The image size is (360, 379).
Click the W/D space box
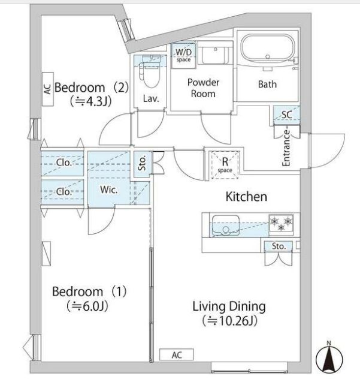[x=183, y=55]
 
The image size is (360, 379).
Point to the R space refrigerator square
[x=225, y=165]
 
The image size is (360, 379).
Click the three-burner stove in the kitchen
[x=282, y=224]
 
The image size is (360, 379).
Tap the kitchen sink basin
[x=225, y=225]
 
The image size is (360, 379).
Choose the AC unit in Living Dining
[x=177, y=355]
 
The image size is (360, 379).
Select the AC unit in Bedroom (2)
[x=48, y=89]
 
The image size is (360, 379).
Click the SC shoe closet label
[x=287, y=115]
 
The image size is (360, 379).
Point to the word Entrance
[x=286, y=148]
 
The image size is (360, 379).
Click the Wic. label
[x=109, y=189]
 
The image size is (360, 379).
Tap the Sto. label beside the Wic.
[x=142, y=163]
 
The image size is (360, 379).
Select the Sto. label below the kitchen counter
[x=279, y=246]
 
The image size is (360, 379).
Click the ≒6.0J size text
[x=87, y=306]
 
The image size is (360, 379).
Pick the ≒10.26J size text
[x=229, y=321]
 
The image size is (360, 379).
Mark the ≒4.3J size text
[x=91, y=101]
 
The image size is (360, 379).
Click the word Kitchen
[x=246, y=196]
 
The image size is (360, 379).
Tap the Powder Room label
[x=203, y=88]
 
